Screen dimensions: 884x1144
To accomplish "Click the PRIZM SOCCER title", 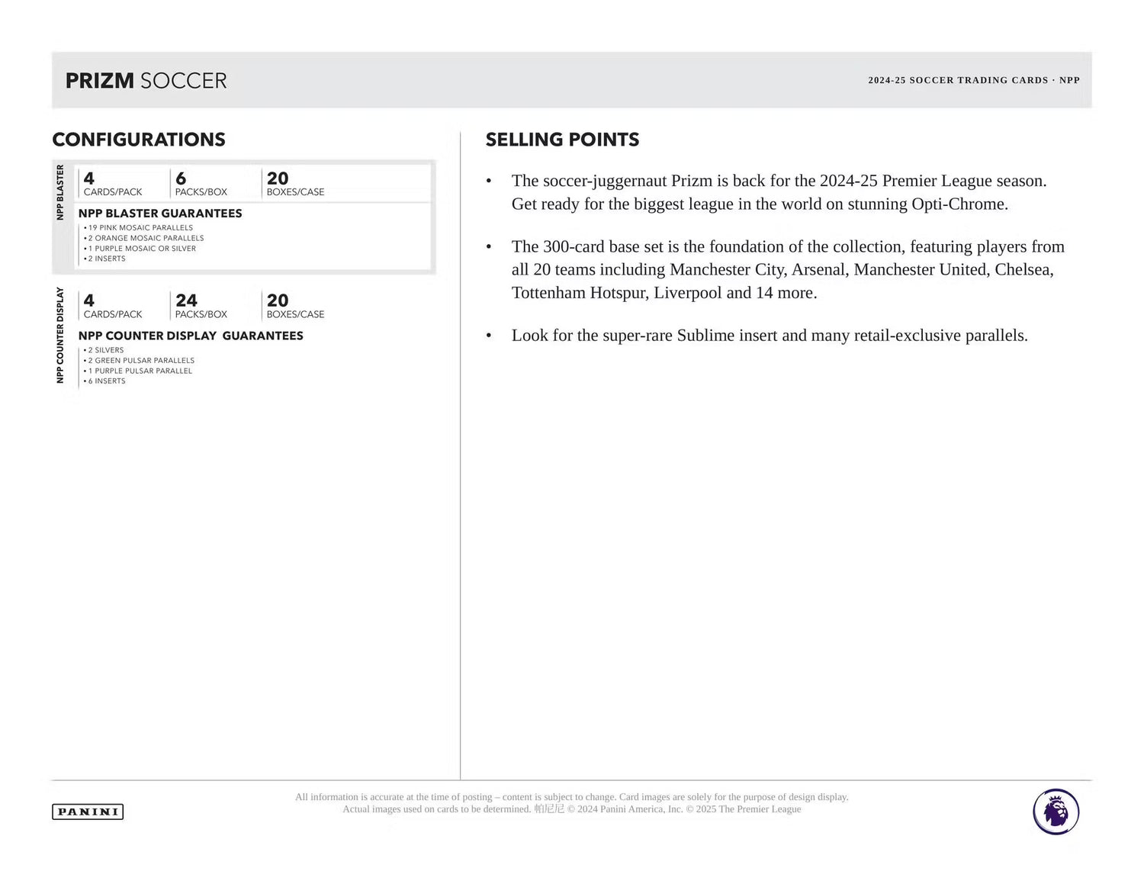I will [x=146, y=80].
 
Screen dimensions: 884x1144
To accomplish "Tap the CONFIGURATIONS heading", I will [x=139, y=140].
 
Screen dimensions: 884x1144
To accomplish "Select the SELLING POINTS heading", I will [x=562, y=140].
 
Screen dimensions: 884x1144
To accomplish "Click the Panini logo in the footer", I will [x=88, y=812].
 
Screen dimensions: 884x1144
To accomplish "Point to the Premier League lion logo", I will [x=1056, y=812].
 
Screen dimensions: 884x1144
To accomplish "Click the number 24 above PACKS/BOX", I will [x=186, y=301].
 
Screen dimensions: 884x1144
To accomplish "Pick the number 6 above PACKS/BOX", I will [x=181, y=178].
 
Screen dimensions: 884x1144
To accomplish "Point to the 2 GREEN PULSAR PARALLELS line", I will [x=141, y=360].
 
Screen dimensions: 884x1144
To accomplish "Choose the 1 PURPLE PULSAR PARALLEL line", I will [x=140, y=371].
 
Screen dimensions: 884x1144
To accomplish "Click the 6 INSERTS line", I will [x=107, y=381].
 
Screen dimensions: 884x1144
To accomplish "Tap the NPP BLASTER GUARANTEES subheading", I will [x=160, y=214].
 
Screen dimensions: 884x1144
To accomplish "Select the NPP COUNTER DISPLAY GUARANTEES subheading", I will [x=191, y=336].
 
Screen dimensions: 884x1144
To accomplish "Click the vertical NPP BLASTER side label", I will [x=60, y=192].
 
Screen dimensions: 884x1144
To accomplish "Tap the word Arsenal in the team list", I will [x=818, y=270].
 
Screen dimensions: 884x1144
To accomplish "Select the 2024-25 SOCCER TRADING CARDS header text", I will [x=958, y=80].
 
